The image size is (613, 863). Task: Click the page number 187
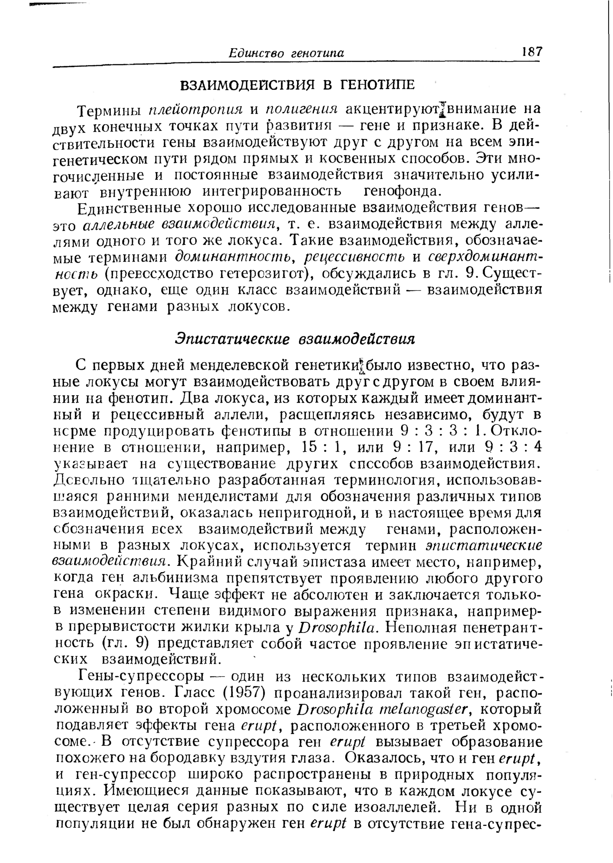coord(532,52)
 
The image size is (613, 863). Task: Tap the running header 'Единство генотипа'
coord(286,54)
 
